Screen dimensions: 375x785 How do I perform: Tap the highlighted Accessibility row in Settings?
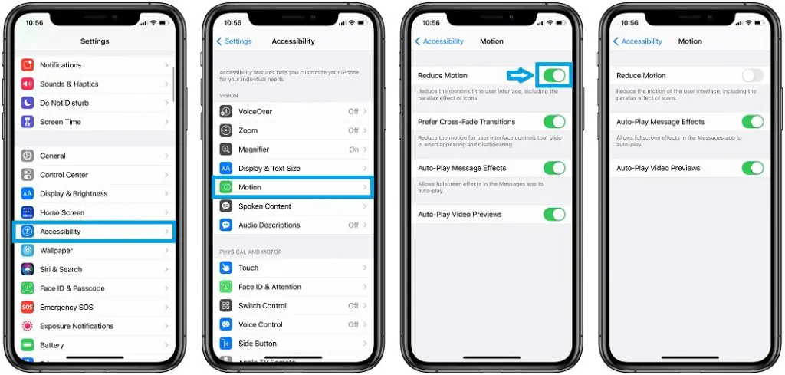(94, 232)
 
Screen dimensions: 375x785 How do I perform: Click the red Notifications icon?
(28, 65)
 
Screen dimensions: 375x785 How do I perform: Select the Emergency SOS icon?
(28, 308)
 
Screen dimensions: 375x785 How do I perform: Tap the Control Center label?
(64, 175)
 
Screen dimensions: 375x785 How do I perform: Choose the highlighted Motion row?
(292, 187)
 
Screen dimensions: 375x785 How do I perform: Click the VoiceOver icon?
(226, 111)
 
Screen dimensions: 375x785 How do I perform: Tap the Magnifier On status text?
(353, 150)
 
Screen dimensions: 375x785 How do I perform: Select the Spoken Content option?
(264, 206)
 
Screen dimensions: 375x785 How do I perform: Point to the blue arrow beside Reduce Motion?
(521, 75)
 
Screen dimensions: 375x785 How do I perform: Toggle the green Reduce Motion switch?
(553, 75)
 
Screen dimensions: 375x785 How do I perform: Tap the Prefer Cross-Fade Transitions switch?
(553, 122)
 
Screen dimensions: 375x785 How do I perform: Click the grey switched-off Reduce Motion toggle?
(752, 75)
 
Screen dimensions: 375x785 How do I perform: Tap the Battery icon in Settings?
(28, 345)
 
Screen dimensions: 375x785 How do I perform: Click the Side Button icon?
(226, 344)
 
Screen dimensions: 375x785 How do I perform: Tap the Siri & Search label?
(61, 270)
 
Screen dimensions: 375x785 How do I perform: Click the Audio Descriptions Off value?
(353, 225)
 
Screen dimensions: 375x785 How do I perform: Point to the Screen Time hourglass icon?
(28, 122)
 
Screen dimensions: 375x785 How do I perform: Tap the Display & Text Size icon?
(226, 169)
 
